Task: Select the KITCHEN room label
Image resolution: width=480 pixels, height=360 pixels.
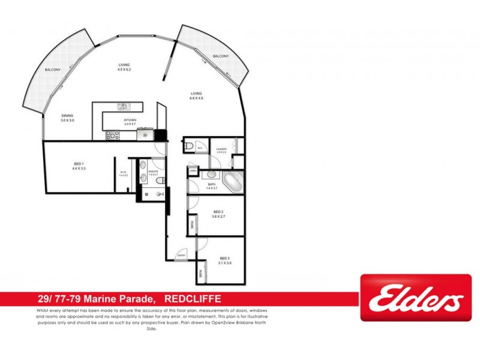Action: point(130,121)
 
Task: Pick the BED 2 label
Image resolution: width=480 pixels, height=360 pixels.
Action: point(218,211)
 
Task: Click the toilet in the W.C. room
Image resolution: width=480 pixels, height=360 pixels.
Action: point(190,146)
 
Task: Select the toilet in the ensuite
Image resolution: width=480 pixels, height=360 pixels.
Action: point(157,181)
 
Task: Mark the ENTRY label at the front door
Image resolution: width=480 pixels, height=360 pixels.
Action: point(181,256)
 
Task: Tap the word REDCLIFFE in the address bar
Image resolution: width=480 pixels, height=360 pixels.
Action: point(192,298)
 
